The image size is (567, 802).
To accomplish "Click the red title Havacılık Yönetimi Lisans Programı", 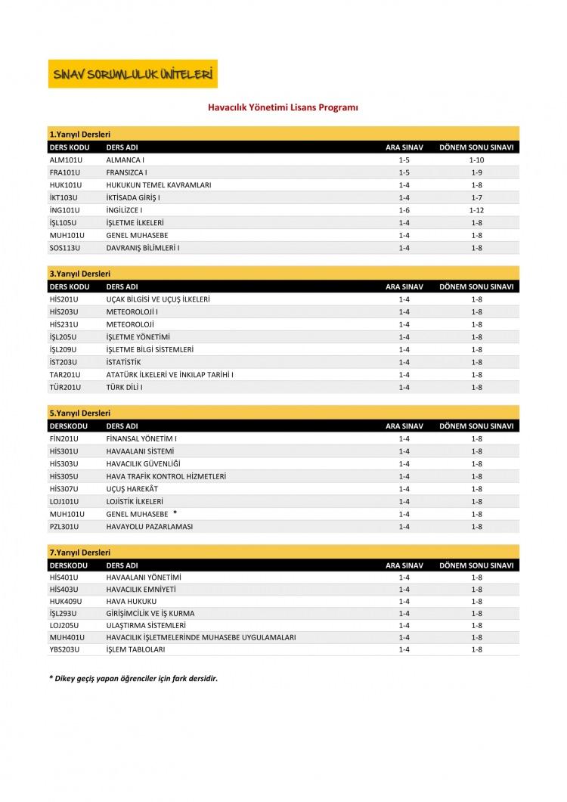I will (x=283, y=108).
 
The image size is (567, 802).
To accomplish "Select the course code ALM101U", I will (x=64, y=160).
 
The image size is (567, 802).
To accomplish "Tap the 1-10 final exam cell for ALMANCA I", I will (x=476, y=160).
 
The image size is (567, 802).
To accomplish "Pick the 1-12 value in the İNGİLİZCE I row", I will (x=476, y=210).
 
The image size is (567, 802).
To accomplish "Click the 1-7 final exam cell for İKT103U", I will (x=476, y=197).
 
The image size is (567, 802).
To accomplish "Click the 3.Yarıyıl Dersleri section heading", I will (x=79, y=274).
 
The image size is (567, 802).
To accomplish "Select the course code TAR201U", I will (x=64, y=375).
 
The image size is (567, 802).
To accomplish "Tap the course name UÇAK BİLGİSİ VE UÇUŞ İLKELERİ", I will (x=158, y=299).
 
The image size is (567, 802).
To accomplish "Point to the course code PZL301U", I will (x=64, y=526).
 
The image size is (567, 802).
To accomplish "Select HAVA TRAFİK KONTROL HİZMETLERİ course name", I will (x=166, y=476).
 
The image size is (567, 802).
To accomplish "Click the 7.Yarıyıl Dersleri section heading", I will (x=79, y=553).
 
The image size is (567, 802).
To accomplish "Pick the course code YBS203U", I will (x=64, y=649).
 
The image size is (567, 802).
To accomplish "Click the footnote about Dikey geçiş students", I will (x=133, y=678).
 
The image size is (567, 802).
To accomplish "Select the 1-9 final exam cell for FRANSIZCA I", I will (x=476, y=172).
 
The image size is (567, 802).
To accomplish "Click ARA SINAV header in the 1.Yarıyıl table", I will (x=404, y=147).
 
